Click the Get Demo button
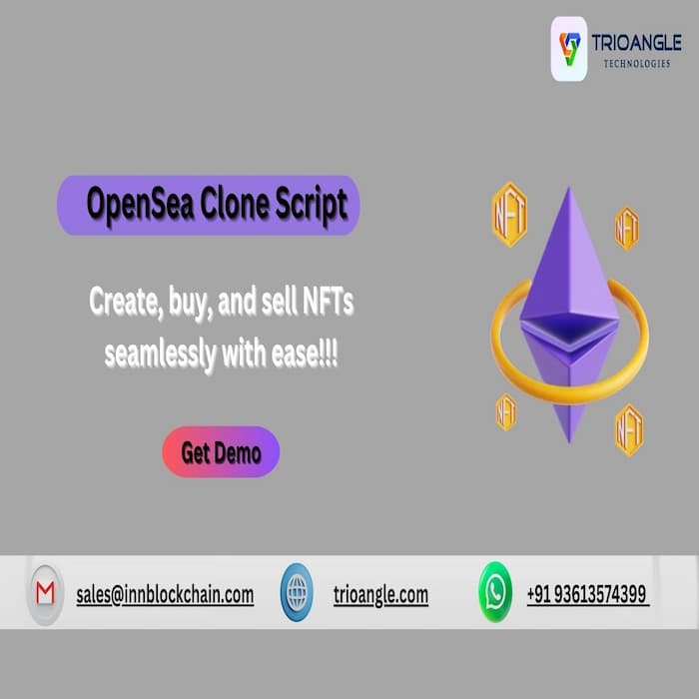pyautogui.click(x=221, y=451)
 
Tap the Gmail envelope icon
pyautogui.click(x=45, y=594)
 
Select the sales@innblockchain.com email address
pyautogui.click(x=165, y=595)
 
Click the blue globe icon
pyautogui.click(x=297, y=592)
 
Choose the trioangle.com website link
pyautogui.click(x=380, y=595)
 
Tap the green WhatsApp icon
pyautogui.click(x=495, y=592)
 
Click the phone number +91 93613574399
pyautogui.click(x=587, y=594)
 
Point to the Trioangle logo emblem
pyautogui.click(x=569, y=49)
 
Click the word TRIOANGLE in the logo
pyautogui.click(x=636, y=43)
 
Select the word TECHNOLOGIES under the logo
pyautogui.click(x=637, y=64)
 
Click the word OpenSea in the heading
pyautogui.click(x=141, y=204)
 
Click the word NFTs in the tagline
pyautogui.click(x=329, y=301)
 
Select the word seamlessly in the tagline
pyautogui.click(x=161, y=353)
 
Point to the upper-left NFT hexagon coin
pyautogui.click(x=509, y=215)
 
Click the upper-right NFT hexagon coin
pyautogui.click(x=627, y=229)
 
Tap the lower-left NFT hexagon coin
pyautogui.click(x=506, y=411)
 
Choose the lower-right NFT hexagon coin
pyautogui.click(x=629, y=429)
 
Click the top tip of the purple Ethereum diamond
pyautogui.click(x=569, y=188)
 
